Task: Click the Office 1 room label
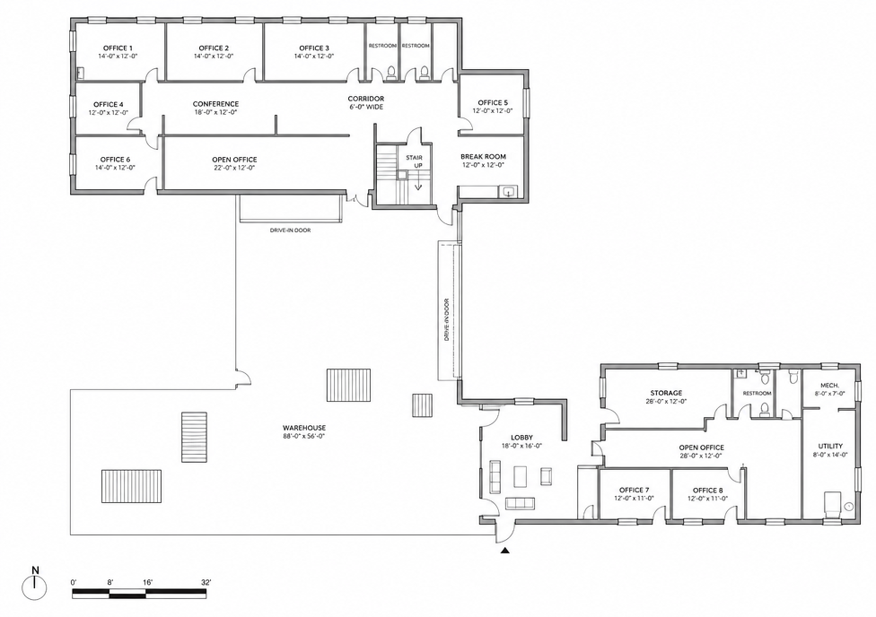pos(118,48)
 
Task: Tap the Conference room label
pos(215,104)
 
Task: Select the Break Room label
pos(483,157)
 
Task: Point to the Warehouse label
pos(304,429)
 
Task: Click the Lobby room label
pos(521,438)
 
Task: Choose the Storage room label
pos(666,393)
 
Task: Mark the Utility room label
pos(830,446)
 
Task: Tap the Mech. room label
pos(829,386)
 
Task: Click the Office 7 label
pos(634,491)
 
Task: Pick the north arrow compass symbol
pos(35,586)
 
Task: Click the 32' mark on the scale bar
pos(206,582)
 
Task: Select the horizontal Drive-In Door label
pos(290,230)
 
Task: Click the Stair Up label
pos(414,161)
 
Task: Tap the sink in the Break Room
pos(508,193)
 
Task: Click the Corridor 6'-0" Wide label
pos(366,103)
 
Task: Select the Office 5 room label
pos(493,103)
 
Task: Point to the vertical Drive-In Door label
pos(446,319)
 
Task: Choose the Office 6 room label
pos(115,160)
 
